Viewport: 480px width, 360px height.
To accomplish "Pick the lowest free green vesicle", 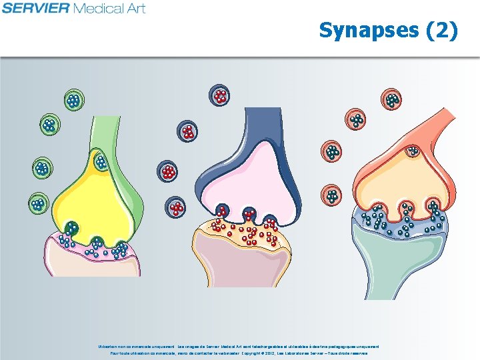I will pyautogui.click(x=37, y=204).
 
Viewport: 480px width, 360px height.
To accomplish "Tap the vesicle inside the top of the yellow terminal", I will pyautogui.click(x=101, y=161).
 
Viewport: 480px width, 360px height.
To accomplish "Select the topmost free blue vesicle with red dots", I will pyautogui.click(x=219, y=95).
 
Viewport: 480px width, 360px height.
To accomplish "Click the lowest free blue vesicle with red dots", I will pyautogui.click(x=177, y=208).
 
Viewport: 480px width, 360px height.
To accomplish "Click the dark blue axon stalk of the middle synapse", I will pyautogui.click(x=256, y=127).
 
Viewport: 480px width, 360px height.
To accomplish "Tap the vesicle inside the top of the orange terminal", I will pyautogui.click(x=413, y=151).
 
